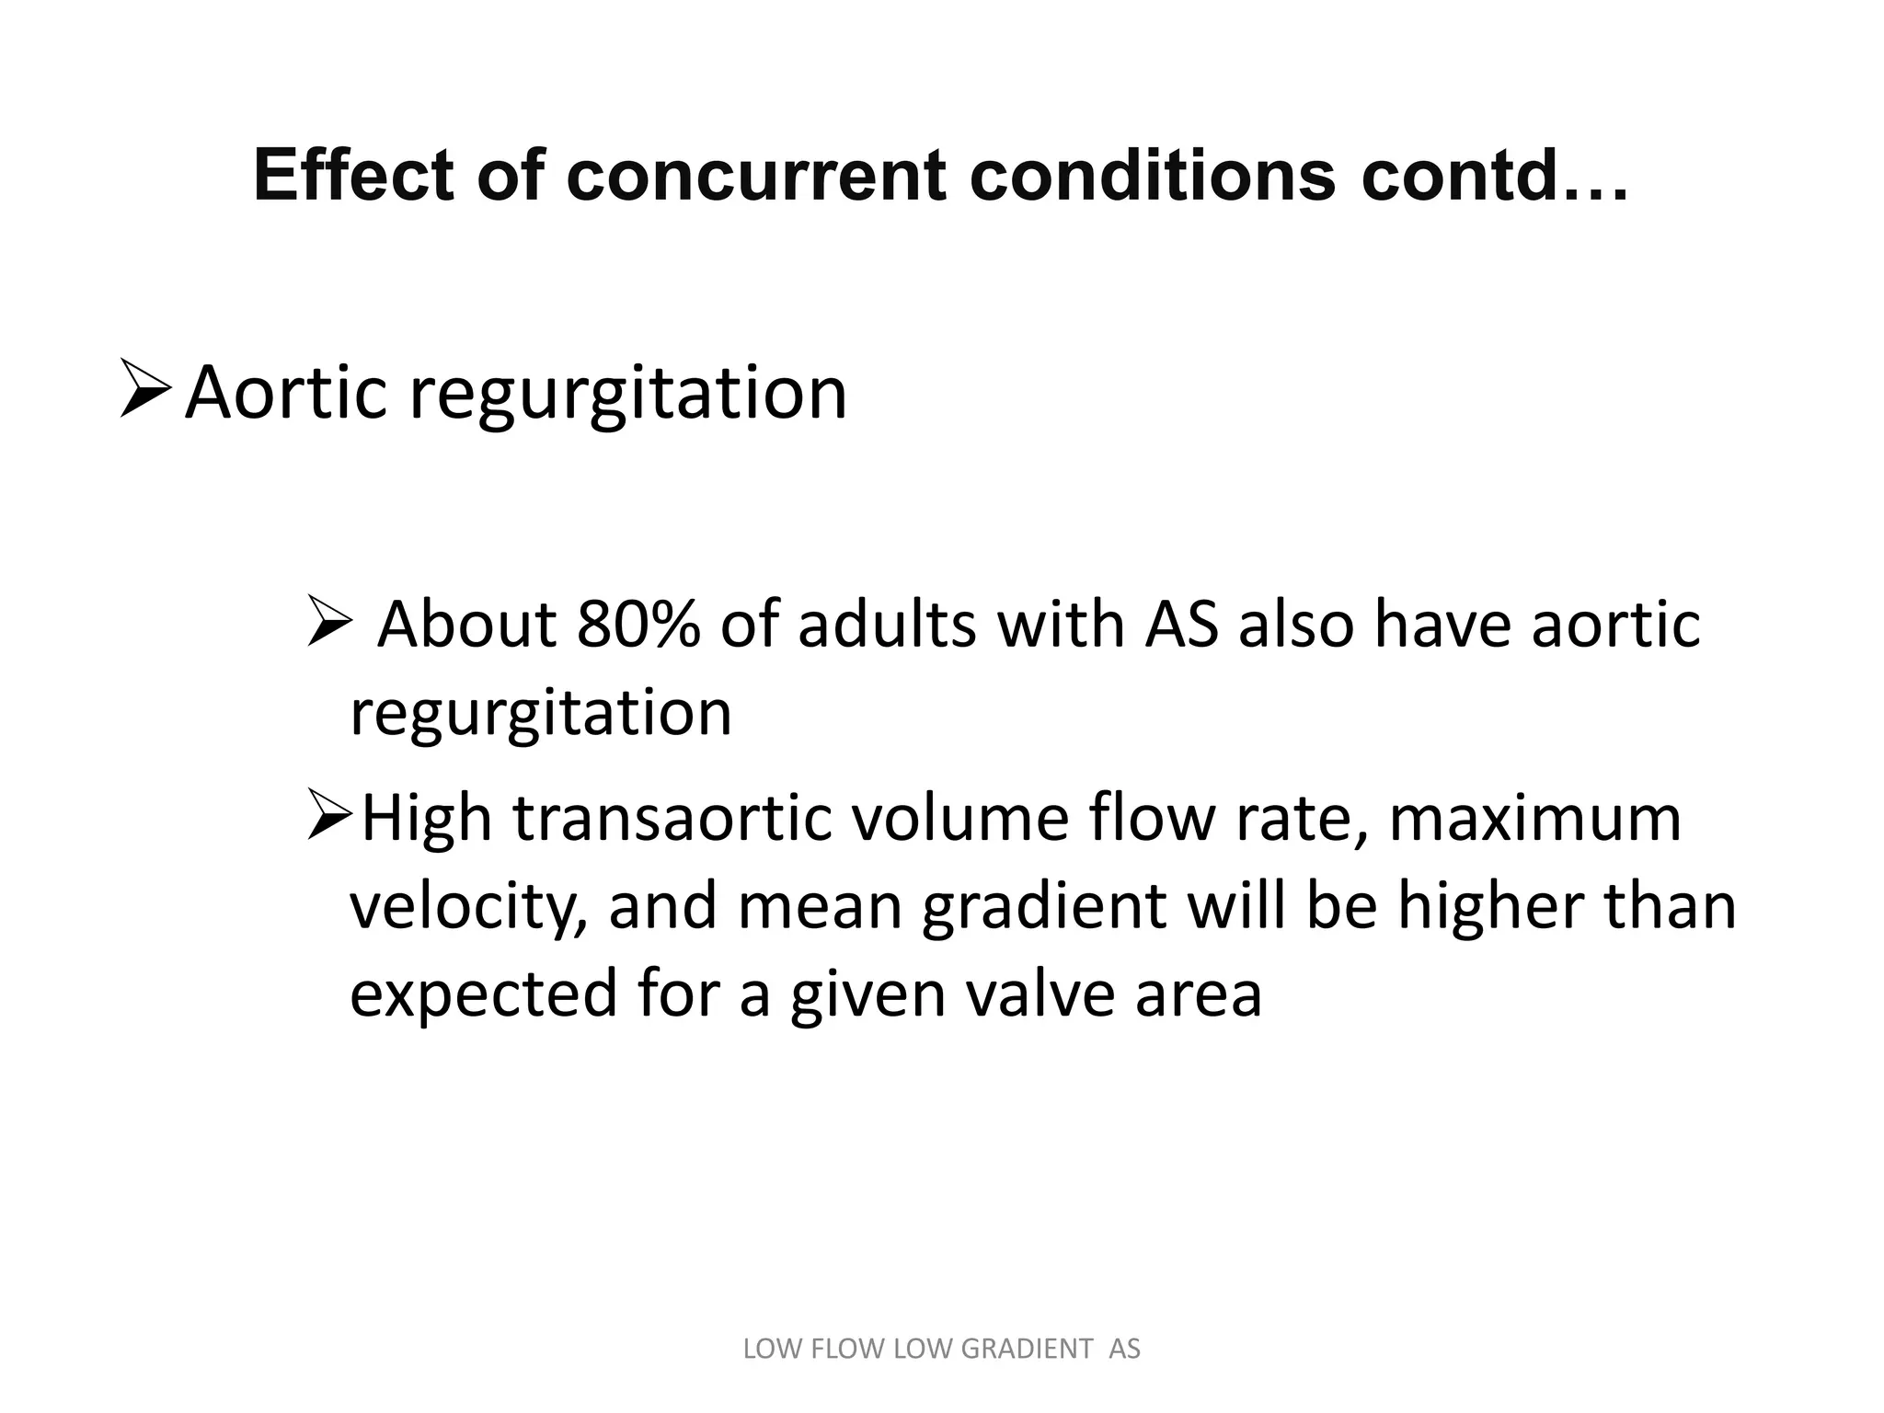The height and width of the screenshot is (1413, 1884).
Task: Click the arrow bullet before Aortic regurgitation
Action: coord(144,392)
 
